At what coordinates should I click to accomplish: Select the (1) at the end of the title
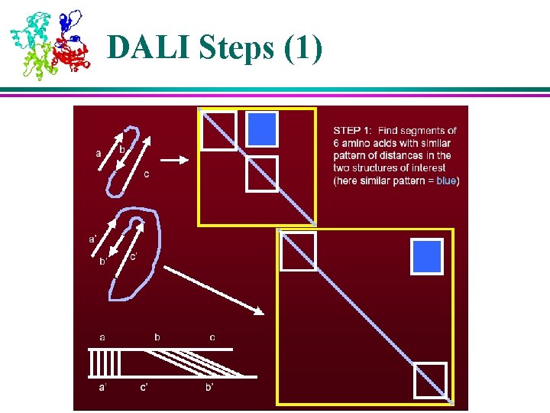click(302, 47)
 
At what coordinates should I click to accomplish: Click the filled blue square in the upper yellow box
click(261, 128)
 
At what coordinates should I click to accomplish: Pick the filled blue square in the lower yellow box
click(427, 256)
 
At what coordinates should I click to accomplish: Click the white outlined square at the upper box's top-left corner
click(219, 130)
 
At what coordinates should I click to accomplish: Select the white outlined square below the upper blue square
click(261, 174)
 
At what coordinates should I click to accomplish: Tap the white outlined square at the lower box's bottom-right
click(429, 380)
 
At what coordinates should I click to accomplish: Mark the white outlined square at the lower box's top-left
click(298, 252)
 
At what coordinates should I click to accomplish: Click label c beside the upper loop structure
click(146, 174)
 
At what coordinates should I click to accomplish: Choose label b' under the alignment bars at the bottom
click(209, 389)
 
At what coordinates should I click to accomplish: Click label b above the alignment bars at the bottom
click(157, 337)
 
